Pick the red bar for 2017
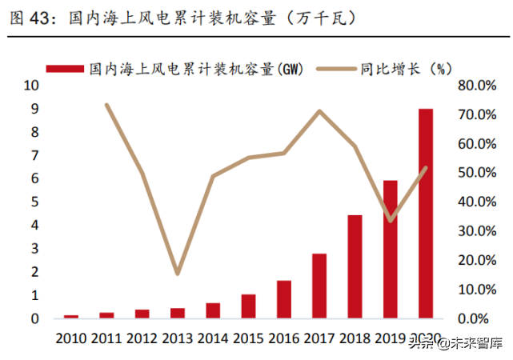click(x=319, y=286)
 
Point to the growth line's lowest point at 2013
click(x=178, y=274)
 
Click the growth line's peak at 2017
click(x=319, y=111)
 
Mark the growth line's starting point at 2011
click(x=107, y=105)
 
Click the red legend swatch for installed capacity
click(x=66, y=70)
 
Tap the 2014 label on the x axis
click(x=213, y=338)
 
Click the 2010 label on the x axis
click(x=72, y=338)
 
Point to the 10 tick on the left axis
click(x=30, y=86)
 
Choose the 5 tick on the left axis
click(x=34, y=202)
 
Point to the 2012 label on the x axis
click(x=142, y=338)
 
